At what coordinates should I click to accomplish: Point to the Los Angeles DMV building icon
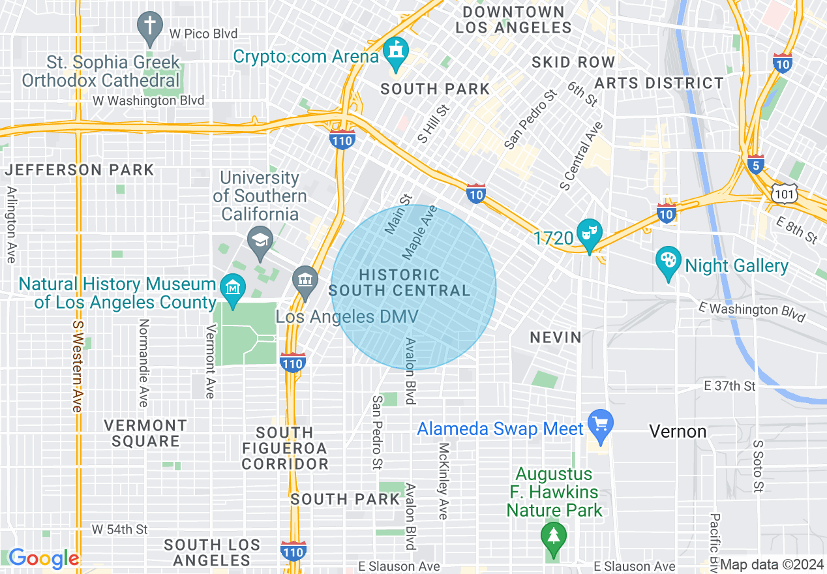tap(304, 280)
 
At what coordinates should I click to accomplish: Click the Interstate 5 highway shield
tap(756, 166)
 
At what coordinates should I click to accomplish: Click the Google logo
tap(43, 558)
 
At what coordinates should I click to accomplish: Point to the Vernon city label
tap(678, 431)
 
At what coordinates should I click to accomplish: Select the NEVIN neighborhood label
tap(555, 337)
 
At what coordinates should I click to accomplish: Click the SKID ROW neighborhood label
tap(573, 62)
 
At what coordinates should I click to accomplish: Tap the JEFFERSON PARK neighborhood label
tap(80, 170)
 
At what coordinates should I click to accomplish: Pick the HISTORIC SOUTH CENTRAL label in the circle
tap(399, 283)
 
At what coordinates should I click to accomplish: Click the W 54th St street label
tap(119, 529)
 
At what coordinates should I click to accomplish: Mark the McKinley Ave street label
tap(444, 481)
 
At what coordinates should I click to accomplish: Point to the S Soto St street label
tap(757, 466)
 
